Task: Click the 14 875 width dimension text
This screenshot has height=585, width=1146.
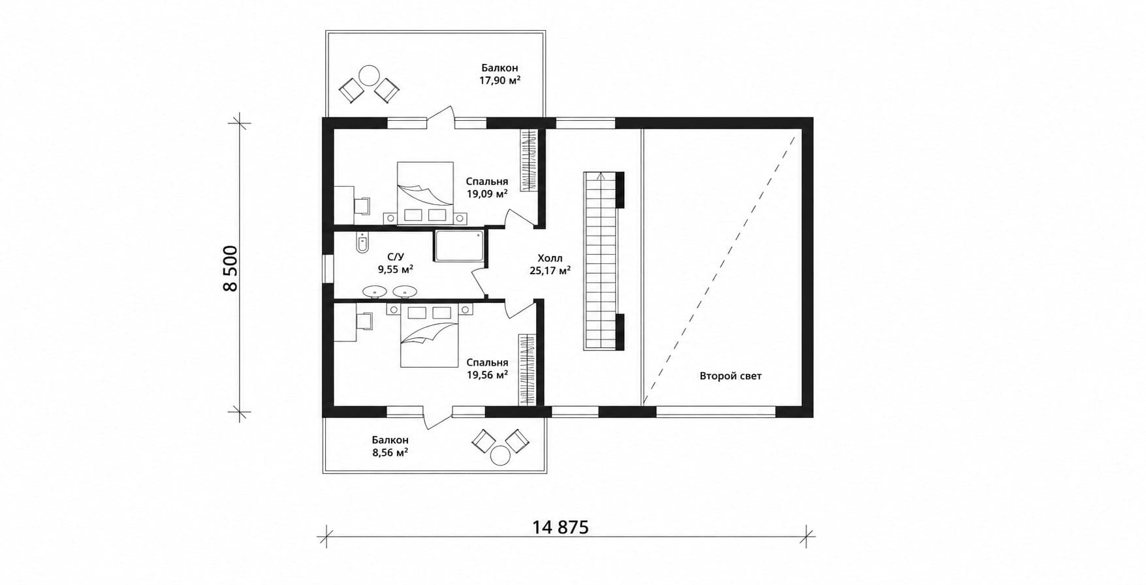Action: [561, 527]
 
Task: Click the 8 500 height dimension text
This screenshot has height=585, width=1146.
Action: [231, 268]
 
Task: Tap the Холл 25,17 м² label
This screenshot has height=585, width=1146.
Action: [550, 264]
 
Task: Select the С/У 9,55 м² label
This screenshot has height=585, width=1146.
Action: [395, 262]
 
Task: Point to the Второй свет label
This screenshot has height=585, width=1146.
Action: [731, 376]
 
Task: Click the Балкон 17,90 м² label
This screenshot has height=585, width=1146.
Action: [500, 74]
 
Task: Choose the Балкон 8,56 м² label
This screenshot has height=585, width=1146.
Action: [390, 447]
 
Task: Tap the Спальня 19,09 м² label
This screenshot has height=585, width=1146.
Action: [487, 188]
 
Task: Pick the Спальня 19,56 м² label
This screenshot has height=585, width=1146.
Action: [487, 369]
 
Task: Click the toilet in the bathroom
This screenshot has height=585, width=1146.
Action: [362, 243]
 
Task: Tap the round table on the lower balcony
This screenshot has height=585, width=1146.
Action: [501, 454]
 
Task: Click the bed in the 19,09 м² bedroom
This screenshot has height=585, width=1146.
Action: [425, 193]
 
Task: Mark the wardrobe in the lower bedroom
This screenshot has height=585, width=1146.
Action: [527, 370]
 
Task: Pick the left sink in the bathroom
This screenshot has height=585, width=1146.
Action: [374, 291]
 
